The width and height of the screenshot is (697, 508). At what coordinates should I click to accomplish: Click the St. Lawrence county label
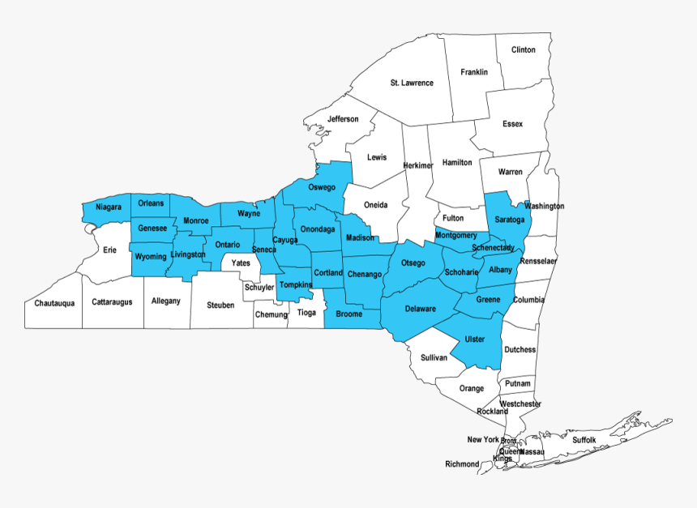[x=412, y=83]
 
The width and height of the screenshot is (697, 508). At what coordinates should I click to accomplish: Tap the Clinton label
[x=524, y=49]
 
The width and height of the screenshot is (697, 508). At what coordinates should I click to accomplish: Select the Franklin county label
[x=474, y=72]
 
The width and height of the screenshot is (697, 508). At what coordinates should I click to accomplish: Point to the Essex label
[x=512, y=124]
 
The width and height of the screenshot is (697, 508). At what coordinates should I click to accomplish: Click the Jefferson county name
[x=343, y=119]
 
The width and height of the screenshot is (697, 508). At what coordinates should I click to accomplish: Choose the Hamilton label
[x=457, y=162]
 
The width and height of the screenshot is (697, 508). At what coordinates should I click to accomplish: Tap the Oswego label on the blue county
[x=321, y=187]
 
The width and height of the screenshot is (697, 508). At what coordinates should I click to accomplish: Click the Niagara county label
[x=109, y=207]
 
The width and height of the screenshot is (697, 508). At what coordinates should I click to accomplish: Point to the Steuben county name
[x=220, y=305]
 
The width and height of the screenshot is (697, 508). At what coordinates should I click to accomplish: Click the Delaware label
[x=421, y=309]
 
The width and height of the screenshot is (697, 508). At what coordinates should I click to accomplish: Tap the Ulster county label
[x=475, y=339]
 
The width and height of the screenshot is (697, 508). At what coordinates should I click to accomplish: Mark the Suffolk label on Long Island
[x=584, y=440]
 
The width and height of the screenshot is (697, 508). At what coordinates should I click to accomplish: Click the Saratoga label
[x=510, y=220]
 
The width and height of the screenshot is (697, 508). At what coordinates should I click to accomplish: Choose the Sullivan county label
[x=434, y=357]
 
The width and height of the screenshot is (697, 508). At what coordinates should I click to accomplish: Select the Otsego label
[x=413, y=263]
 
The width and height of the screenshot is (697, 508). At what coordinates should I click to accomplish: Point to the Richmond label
[x=463, y=464]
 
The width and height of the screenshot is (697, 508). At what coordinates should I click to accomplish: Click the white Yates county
[x=241, y=263]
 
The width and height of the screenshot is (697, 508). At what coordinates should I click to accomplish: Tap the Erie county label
[x=109, y=250]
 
